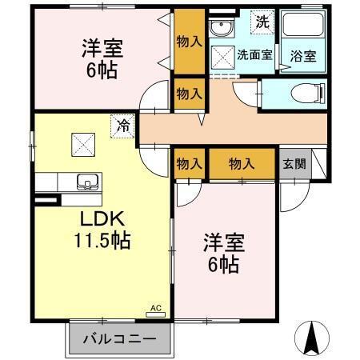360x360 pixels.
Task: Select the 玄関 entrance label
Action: (x=292, y=163)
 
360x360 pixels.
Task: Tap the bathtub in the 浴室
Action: (x=300, y=25)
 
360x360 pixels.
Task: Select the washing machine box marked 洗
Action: (x=262, y=22)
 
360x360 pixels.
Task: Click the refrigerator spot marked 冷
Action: (x=122, y=126)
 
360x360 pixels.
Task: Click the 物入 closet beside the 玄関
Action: (x=242, y=163)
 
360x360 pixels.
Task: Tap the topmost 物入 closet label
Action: (x=190, y=41)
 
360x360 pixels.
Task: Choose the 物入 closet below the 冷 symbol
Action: (x=190, y=163)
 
